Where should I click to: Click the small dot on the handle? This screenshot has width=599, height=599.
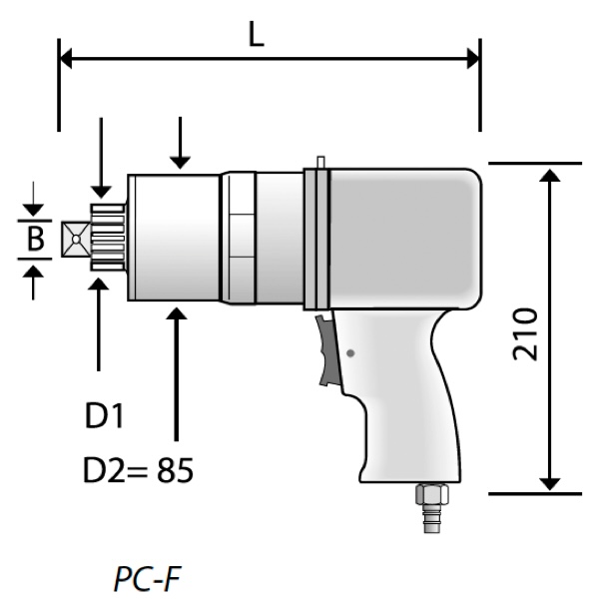[x=349, y=352]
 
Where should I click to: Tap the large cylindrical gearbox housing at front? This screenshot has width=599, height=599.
[x=175, y=237]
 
